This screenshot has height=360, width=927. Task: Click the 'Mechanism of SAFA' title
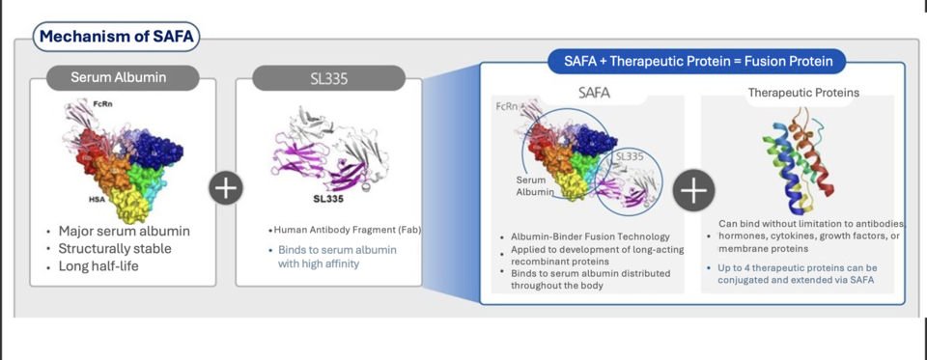click(x=117, y=38)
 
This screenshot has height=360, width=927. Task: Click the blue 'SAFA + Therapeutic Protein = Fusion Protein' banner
click(x=690, y=62)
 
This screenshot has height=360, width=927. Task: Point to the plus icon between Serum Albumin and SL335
click(x=226, y=188)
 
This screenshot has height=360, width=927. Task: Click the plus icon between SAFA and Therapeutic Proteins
click(x=694, y=191)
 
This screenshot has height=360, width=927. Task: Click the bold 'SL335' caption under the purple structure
click(x=329, y=200)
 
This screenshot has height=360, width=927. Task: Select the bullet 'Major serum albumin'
click(x=124, y=232)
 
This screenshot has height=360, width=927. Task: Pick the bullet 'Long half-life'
click(x=98, y=266)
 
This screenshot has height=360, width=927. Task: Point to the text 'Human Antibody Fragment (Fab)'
click(x=348, y=230)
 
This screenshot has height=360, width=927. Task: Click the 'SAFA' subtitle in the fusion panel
click(x=594, y=94)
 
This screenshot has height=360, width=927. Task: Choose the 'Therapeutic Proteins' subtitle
click(x=803, y=94)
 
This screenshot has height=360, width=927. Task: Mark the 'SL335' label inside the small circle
click(x=629, y=155)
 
